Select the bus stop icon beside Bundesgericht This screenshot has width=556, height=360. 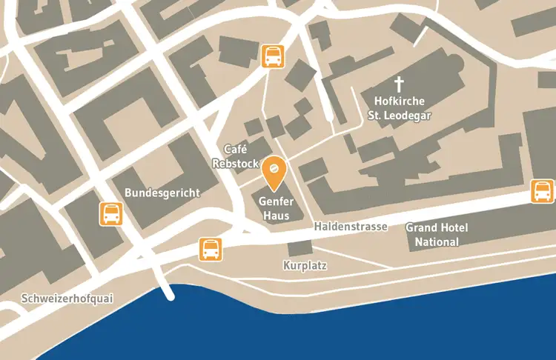click(111, 213)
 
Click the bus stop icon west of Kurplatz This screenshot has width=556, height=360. click(211, 249)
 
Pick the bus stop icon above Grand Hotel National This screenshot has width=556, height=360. click(543, 191)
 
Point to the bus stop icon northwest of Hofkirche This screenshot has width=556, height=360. click(273, 56)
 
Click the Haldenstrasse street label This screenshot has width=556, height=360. click(350, 227)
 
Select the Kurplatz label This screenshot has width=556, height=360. click(305, 264)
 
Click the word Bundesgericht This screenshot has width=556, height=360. click(162, 193)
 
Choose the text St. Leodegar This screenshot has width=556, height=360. click(400, 116)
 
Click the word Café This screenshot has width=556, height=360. click(235, 149)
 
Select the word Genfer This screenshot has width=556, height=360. click(277, 201)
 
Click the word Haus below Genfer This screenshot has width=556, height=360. click(277, 216)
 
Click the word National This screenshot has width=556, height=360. click(437, 241)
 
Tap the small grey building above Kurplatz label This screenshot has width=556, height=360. click(300, 248)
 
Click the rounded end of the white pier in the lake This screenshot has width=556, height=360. click(170, 296)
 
